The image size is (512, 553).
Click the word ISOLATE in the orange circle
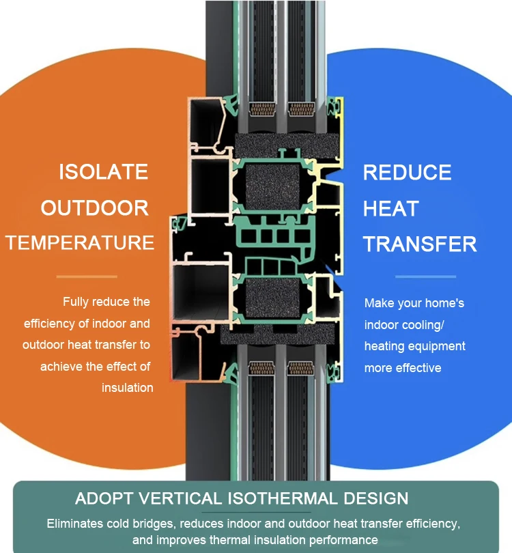pyautogui.click(x=103, y=171)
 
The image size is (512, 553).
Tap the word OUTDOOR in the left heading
pyautogui.click(x=95, y=208)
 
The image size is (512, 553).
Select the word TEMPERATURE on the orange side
pyautogui.click(x=81, y=242)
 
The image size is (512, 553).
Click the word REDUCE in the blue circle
pyautogui.click(x=408, y=173)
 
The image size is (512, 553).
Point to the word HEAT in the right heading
pyautogui.click(x=391, y=208)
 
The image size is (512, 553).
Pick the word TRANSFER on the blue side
pyautogui.click(x=420, y=244)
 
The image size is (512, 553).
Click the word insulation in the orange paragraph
pyautogui.click(x=128, y=388)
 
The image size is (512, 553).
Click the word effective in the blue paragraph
pyautogui.click(x=418, y=368)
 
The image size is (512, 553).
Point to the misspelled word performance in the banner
pyautogui.click(x=339, y=540)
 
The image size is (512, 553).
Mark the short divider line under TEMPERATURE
pyautogui.click(x=87, y=276)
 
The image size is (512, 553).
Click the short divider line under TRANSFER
pyautogui.click(x=425, y=276)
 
